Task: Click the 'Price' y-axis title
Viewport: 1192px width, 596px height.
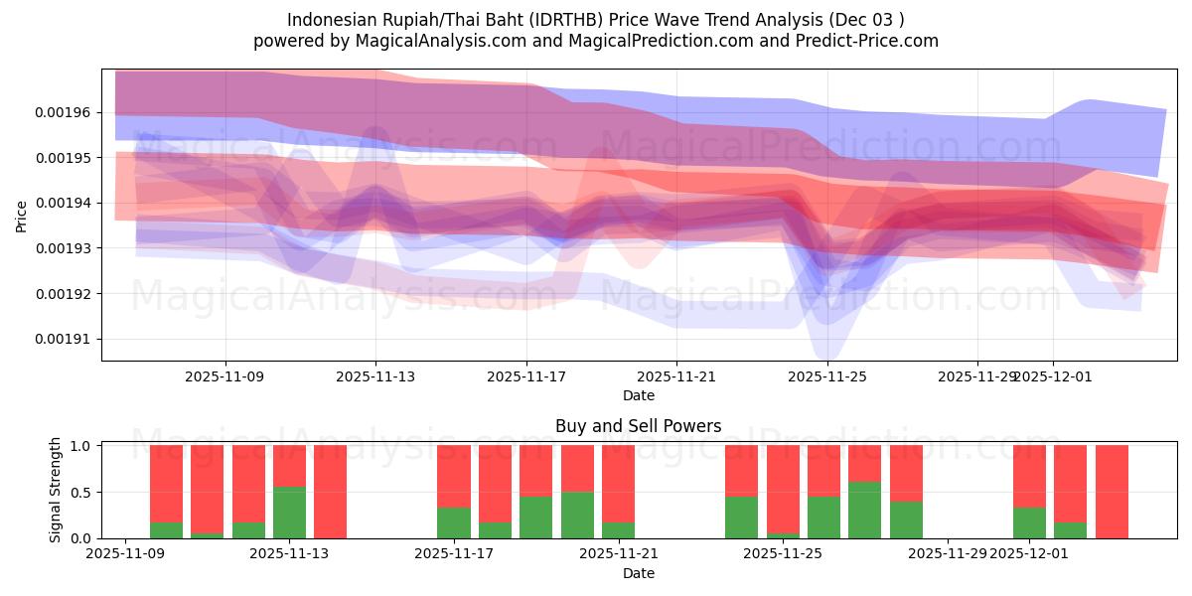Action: tap(22, 216)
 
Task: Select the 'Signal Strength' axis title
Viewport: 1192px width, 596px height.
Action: tap(56, 491)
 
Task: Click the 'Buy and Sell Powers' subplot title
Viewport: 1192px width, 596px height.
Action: tap(638, 426)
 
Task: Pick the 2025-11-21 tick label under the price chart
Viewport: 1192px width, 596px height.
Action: tap(676, 376)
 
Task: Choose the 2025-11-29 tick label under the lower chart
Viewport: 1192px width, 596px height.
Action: tap(950, 554)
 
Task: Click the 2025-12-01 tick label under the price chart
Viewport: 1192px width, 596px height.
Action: tap(1053, 376)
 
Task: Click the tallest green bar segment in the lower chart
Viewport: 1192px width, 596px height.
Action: tap(865, 510)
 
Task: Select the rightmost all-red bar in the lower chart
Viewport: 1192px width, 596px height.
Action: tap(1112, 492)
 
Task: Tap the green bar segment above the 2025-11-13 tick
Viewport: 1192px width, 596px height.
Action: tap(289, 513)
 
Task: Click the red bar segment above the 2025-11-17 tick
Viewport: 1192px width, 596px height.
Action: tap(454, 476)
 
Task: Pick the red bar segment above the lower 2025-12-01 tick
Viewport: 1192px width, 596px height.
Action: tap(1029, 476)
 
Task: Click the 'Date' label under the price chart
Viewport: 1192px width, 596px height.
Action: tap(638, 395)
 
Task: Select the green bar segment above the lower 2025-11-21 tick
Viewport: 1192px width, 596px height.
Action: tap(618, 530)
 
